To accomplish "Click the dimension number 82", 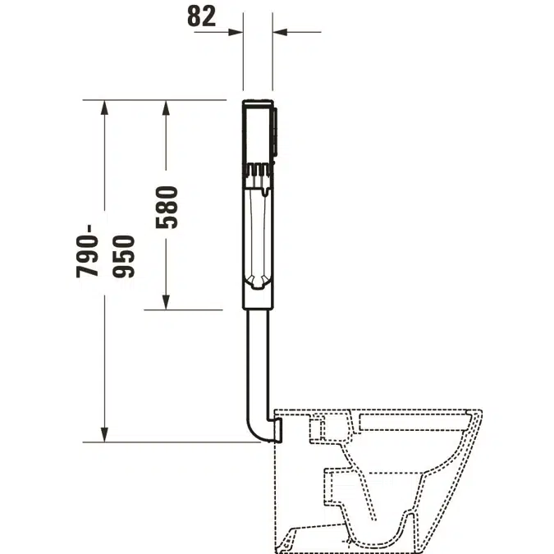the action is coord(201,16).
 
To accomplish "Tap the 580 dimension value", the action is coord(167,208).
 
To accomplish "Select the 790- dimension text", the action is coord(87,251).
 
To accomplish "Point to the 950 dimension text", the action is coord(124,257).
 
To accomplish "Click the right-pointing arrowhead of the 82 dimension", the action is coord(236,32).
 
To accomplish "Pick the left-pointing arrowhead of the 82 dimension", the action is coord(280,32).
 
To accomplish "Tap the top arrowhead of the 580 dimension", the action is coord(166,108).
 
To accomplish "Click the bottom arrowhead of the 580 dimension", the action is coord(166,302).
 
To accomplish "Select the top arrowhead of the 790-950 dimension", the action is coord(104,108).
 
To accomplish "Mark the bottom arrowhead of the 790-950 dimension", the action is coord(104,434).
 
